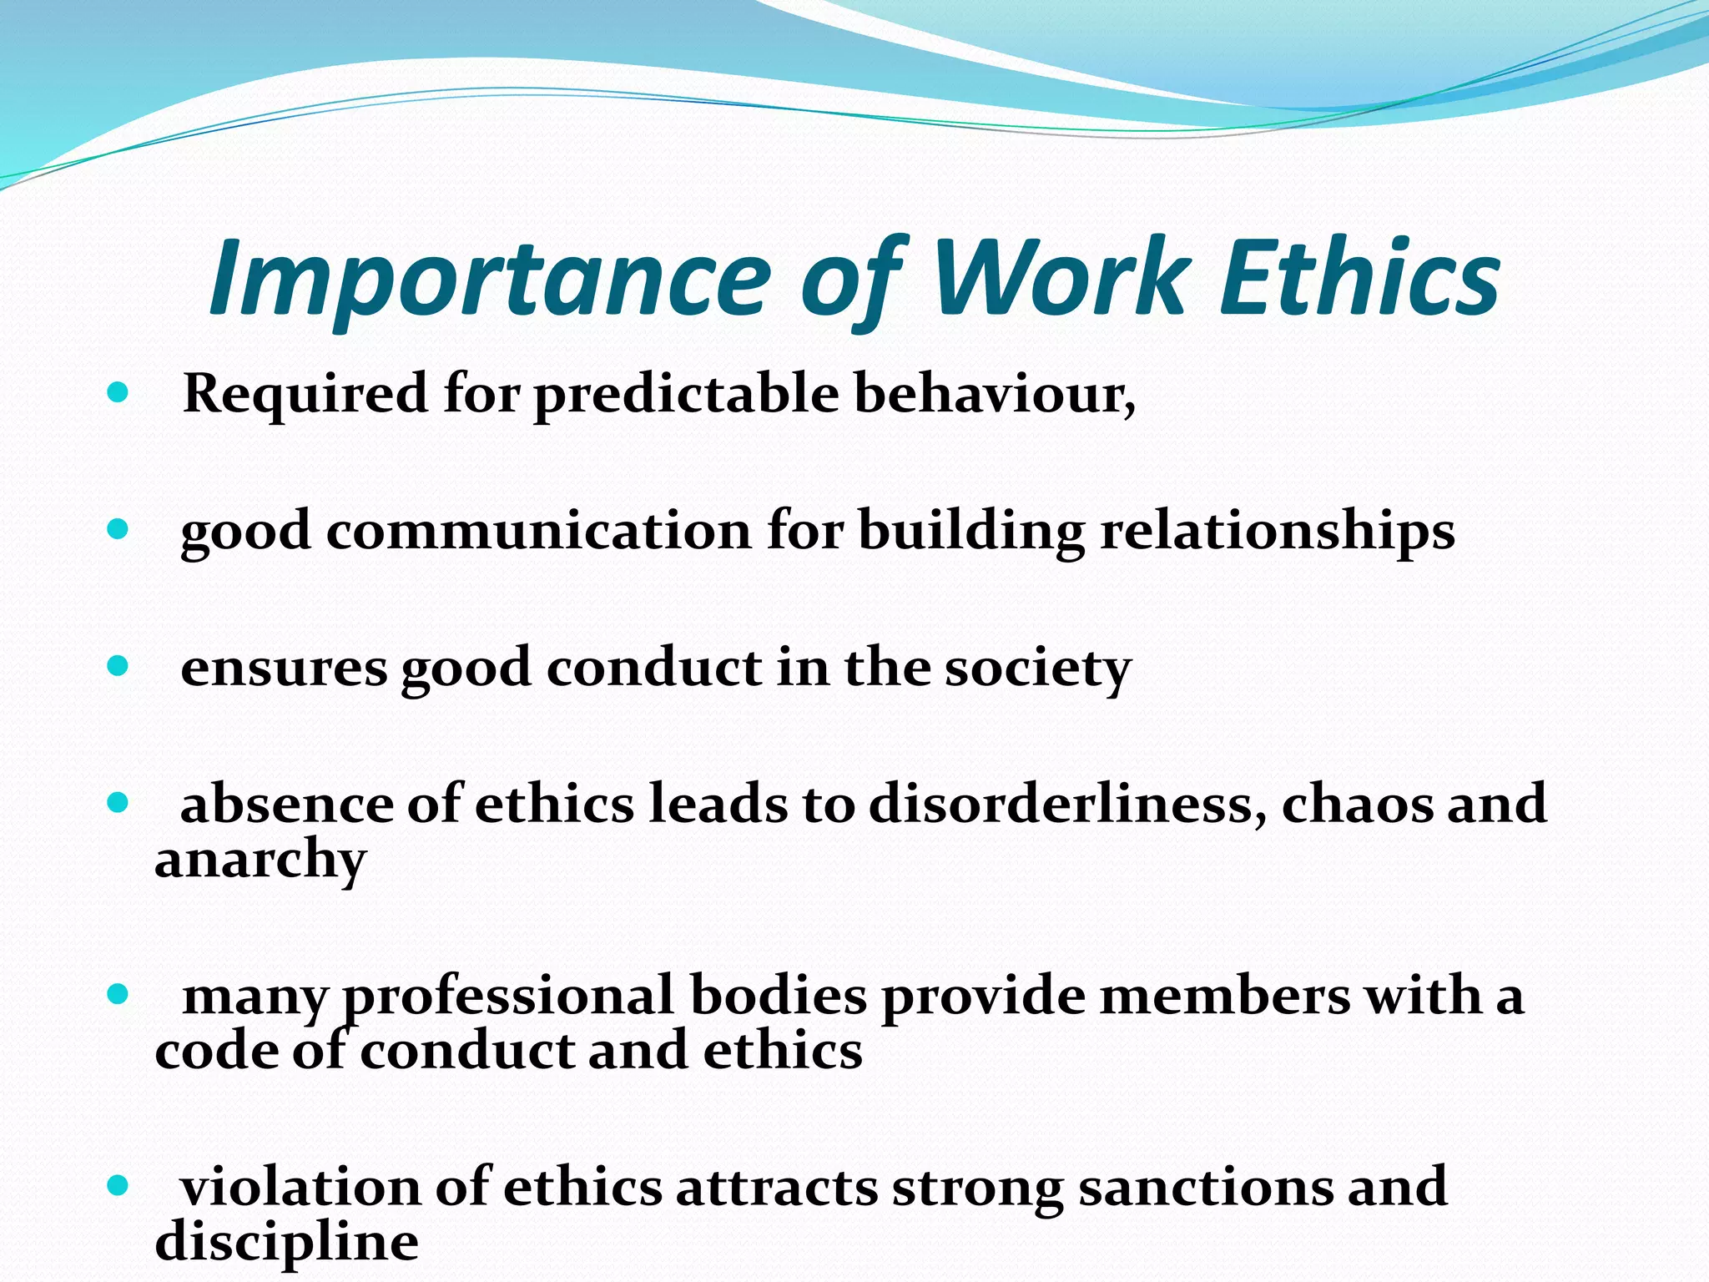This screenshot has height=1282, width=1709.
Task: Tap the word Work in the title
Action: (x=1060, y=277)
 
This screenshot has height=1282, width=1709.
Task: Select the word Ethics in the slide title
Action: (x=1359, y=277)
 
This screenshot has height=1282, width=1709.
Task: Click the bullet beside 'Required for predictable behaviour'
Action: (x=118, y=392)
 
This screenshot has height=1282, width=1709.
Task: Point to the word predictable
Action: (x=686, y=394)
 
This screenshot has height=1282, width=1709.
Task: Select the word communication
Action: (x=539, y=531)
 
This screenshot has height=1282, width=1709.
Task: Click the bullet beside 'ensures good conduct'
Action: (x=118, y=666)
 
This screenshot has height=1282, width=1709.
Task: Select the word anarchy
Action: (x=260, y=861)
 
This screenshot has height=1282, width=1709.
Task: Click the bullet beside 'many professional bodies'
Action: (x=118, y=994)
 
